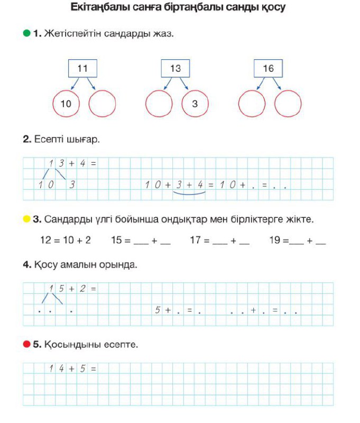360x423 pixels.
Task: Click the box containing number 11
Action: pyautogui.click(x=82, y=69)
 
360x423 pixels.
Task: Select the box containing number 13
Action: pyautogui.click(x=176, y=69)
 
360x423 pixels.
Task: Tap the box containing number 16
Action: pyautogui.click(x=268, y=69)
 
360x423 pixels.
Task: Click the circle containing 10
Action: pyautogui.click(x=66, y=104)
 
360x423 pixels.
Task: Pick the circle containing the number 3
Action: pyautogui.click(x=195, y=104)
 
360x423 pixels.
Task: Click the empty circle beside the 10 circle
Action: pyautogui.click(x=102, y=104)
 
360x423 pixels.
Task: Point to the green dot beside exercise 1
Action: pyautogui.click(x=26, y=34)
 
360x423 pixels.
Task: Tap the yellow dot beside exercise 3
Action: pyautogui.click(x=26, y=219)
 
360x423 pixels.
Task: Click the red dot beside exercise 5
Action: pyautogui.click(x=26, y=344)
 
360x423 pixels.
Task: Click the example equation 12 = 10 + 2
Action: pyautogui.click(x=66, y=240)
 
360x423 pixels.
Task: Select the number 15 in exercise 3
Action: pyautogui.click(x=117, y=240)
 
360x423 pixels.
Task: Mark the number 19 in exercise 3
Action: pyautogui.click(x=275, y=240)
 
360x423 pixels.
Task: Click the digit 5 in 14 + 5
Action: pyautogui.click(x=82, y=369)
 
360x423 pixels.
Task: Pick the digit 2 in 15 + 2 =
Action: pyautogui.click(x=82, y=289)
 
